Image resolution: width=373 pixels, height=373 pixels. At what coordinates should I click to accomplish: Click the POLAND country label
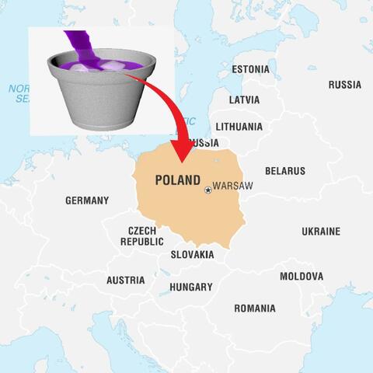pos(178,180)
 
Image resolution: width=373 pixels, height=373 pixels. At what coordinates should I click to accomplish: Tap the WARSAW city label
pos(232,187)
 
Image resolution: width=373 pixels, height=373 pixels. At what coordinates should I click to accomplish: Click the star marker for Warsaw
pos(207,190)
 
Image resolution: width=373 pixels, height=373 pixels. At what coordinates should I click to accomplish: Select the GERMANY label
pos(87,200)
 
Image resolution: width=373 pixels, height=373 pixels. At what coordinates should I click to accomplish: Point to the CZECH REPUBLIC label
pos(142,236)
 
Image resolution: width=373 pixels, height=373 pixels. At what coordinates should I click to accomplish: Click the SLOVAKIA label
pos(192,254)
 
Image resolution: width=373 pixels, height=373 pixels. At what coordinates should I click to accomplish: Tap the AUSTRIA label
pos(125,280)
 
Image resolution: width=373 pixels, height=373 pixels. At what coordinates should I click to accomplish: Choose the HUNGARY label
pos(190,287)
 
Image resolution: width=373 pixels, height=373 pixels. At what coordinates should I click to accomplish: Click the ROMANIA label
pos(255,309)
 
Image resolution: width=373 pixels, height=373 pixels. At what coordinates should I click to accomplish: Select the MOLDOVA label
pos(302,276)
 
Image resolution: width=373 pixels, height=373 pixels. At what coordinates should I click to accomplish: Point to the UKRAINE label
pos(321,232)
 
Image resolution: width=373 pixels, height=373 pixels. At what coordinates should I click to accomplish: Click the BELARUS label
pos(285,171)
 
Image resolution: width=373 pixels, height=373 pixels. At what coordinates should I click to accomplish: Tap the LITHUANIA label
pos(239,126)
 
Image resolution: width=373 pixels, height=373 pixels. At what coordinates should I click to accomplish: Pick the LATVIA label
pos(245,99)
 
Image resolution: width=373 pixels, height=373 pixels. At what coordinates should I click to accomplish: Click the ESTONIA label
pos(251,69)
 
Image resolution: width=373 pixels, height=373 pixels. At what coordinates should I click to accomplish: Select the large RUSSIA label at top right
pos(344,84)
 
